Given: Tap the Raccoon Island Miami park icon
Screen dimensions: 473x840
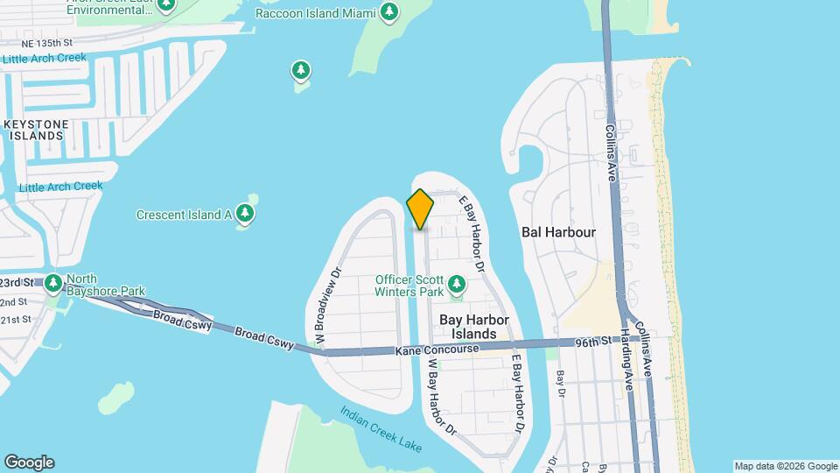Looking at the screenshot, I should [x=389, y=12].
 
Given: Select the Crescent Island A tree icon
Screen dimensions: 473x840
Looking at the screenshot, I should [x=246, y=214].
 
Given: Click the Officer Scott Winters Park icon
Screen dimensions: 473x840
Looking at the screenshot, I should [x=456, y=284].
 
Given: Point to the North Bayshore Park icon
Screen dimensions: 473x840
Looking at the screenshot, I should [x=54, y=283].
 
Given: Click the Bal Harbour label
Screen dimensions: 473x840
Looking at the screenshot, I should [x=557, y=232].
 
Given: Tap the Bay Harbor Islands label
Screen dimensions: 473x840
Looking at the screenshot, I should [x=475, y=327].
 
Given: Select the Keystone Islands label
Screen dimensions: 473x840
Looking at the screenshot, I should [x=34, y=130].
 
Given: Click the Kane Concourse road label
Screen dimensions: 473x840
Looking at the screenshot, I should [x=437, y=349].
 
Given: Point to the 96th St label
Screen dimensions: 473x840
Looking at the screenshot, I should [x=591, y=342].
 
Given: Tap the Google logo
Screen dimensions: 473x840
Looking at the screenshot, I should [x=29, y=462].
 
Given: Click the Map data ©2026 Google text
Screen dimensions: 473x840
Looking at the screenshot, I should [x=785, y=466].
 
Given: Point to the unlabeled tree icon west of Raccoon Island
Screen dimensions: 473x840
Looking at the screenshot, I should [x=301, y=70].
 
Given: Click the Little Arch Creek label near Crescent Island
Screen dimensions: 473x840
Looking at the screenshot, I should [x=60, y=187].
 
